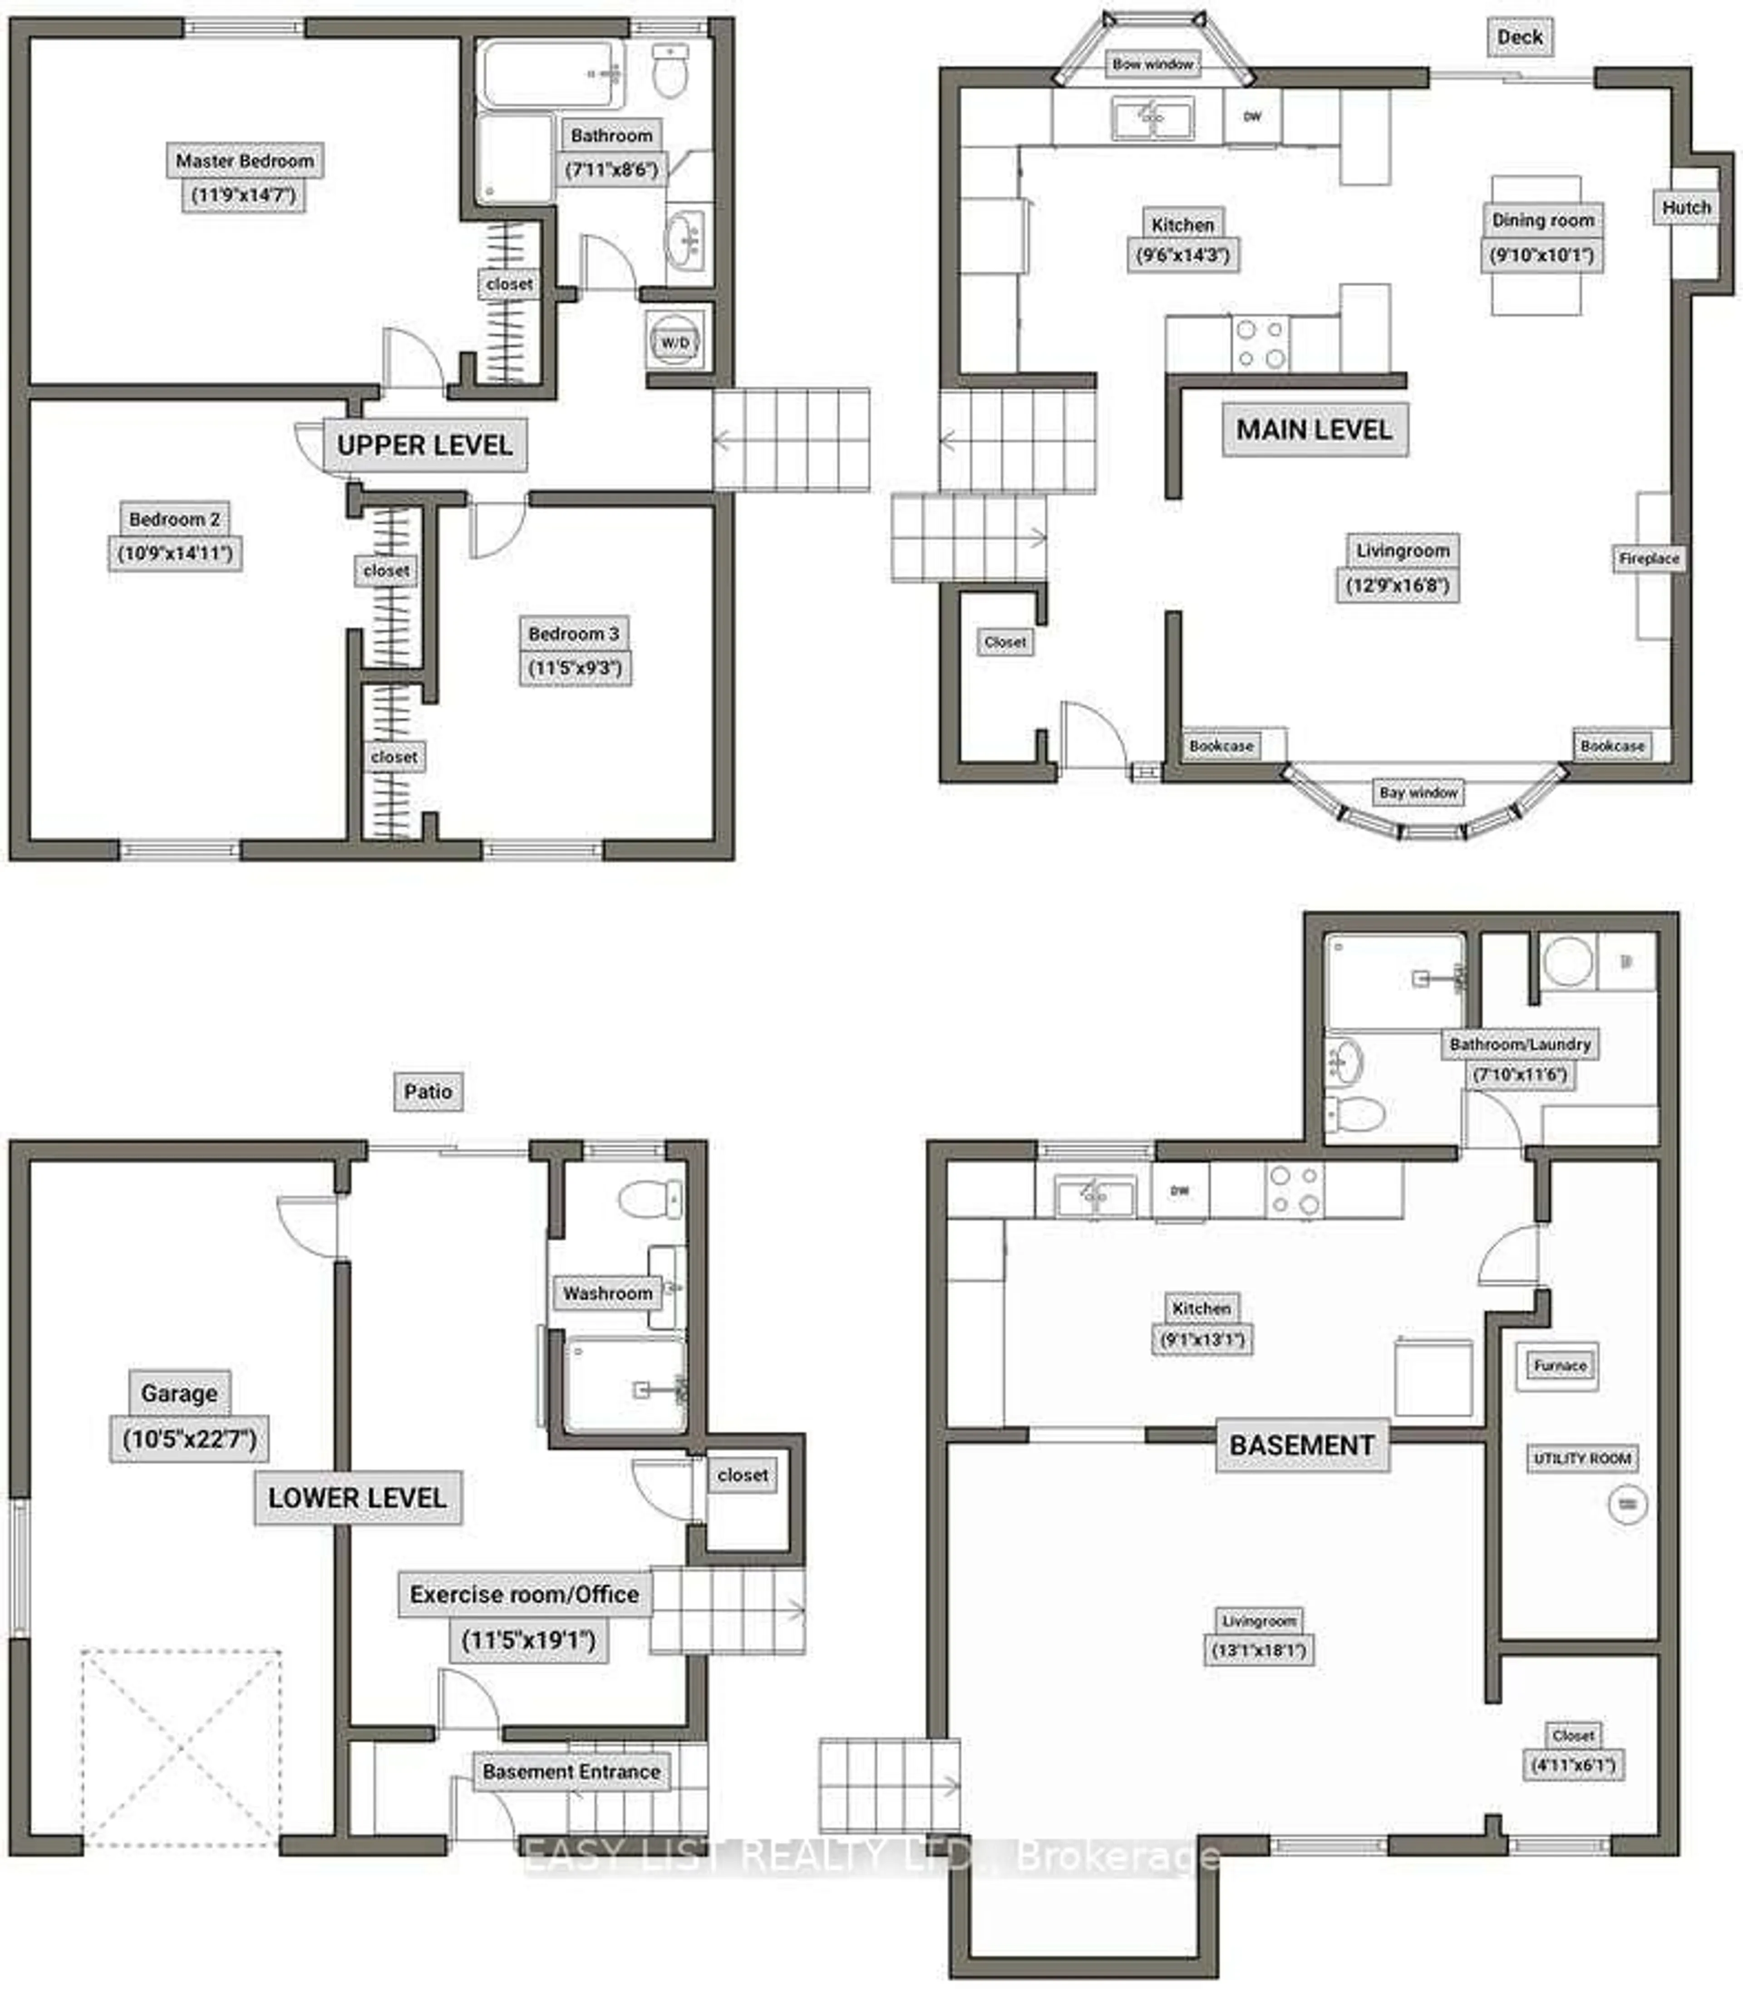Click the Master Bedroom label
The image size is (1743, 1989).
(x=244, y=161)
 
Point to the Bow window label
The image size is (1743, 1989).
(x=1152, y=64)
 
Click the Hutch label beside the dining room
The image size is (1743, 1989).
(x=1686, y=207)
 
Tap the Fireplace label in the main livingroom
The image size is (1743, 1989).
(x=1649, y=559)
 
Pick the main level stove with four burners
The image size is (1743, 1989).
(x=1260, y=343)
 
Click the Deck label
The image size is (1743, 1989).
(x=1519, y=37)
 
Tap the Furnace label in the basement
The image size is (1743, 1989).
(x=1559, y=1365)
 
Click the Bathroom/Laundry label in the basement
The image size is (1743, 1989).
(x=1519, y=1044)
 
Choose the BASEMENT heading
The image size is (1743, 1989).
(x=1301, y=1445)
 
